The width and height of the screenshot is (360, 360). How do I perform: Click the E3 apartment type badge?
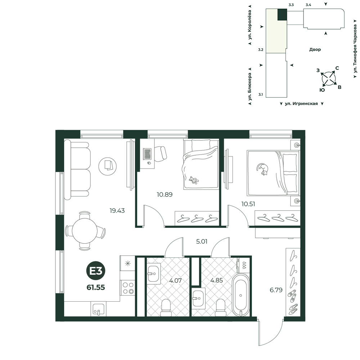click(96, 271)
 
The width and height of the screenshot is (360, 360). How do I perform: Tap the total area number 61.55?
click(96, 287)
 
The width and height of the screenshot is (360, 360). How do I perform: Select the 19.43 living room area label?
click(117, 211)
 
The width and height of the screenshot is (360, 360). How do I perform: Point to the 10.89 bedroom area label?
click(165, 194)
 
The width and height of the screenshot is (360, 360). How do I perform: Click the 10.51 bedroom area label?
click(248, 204)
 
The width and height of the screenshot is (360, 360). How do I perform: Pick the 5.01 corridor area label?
click(202, 241)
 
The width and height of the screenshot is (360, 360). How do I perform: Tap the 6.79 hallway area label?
click(276, 290)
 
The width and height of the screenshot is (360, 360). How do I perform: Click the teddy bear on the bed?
click(194, 180)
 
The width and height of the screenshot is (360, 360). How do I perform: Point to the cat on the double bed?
click(262, 169)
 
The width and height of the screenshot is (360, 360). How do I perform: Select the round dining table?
click(85, 230)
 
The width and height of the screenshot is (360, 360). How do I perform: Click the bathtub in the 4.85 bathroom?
click(240, 295)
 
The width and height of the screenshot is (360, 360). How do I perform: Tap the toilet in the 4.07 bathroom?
click(166, 308)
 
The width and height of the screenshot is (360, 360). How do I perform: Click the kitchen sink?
click(99, 309)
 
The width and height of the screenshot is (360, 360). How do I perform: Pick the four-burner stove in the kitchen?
click(128, 288)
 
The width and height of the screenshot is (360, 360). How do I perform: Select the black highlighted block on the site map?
click(282, 14)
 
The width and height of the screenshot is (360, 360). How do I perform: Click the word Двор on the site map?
click(315, 49)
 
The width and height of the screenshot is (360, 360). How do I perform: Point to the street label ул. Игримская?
click(301, 104)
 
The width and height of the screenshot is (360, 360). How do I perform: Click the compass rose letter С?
click(337, 68)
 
